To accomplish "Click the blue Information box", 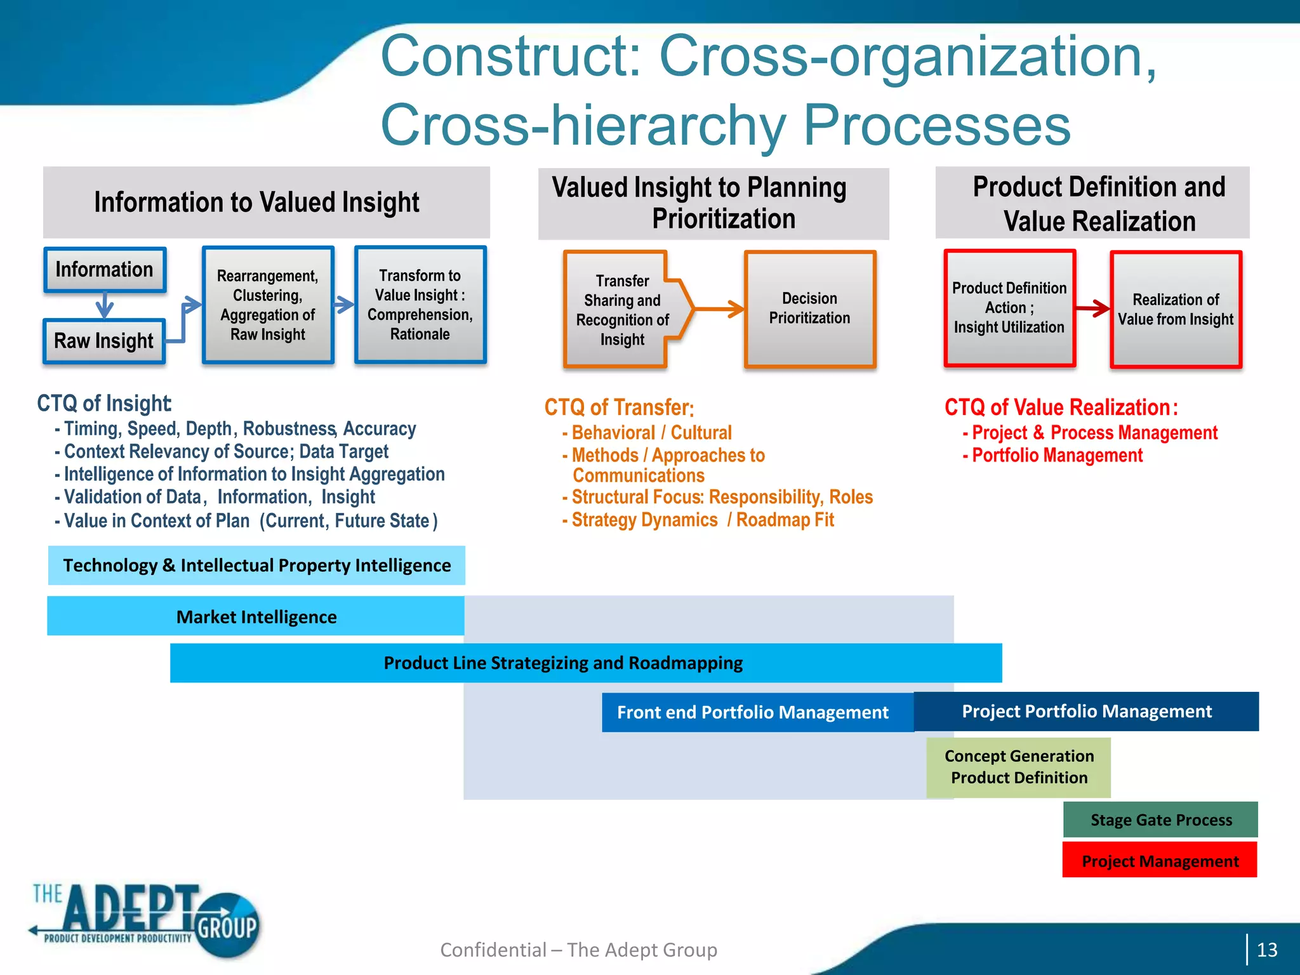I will click(x=105, y=270).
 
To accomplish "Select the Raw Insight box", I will click(x=104, y=341).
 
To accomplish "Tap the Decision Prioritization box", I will click(x=809, y=308).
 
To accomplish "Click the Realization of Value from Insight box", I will click(x=1176, y=309).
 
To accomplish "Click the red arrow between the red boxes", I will click(x=1092, y=308).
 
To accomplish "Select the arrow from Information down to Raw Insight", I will click(x=105, y=305).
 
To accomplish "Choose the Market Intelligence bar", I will click(x=256, y=616).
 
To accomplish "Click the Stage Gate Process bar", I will click(x=1160, y=819).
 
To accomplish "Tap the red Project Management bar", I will click(x=1160, y=860).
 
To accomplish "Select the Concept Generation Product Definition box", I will click(x=1018, y=767).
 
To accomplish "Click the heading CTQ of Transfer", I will click(x=619, y=408).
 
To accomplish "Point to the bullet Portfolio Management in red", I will click(x=1057, y=455).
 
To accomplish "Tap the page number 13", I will click(x=1266, y=950).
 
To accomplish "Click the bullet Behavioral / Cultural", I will click(x=651, y=433).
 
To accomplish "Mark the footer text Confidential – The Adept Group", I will click(x=578, y=950).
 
